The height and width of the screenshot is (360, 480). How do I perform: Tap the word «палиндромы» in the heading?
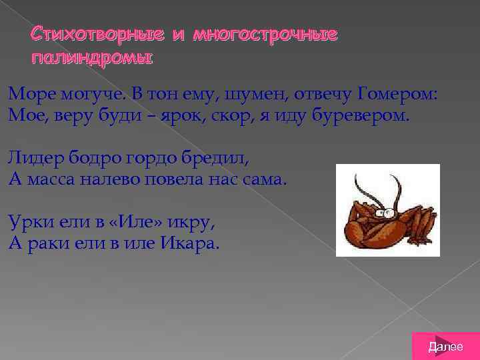coord(92,58)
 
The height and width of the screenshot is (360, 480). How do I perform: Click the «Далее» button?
coord(445,346)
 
